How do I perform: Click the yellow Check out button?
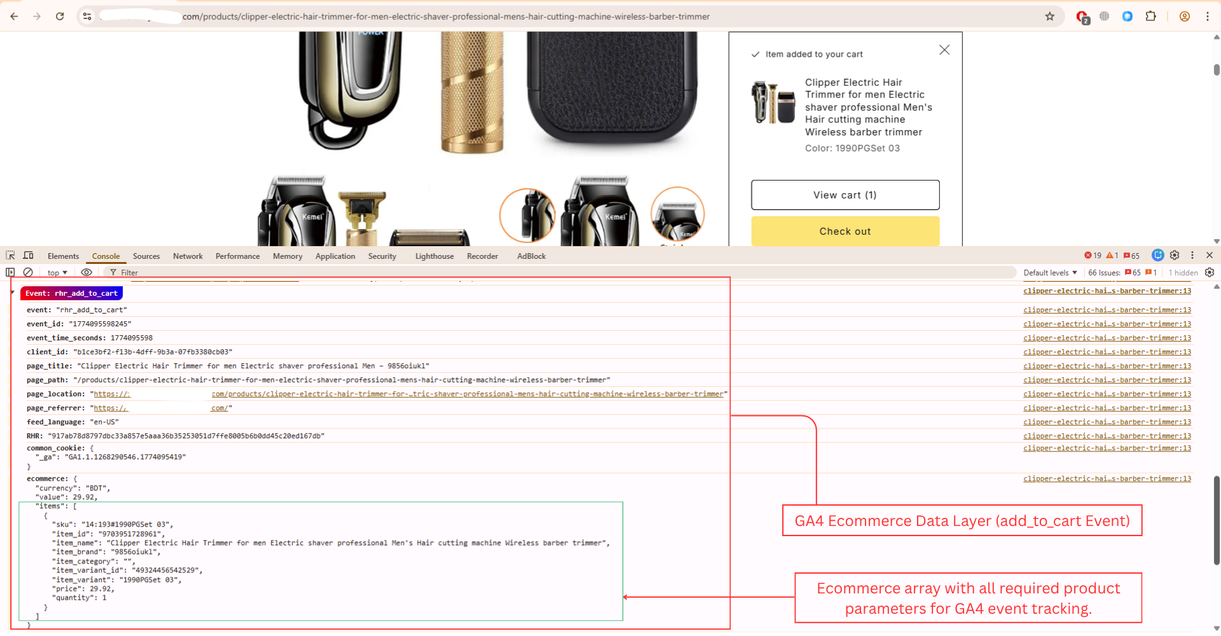click(x=845, y=232)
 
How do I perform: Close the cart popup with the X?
click(x=944, y=50)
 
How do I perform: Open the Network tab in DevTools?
click(x=188, y=256)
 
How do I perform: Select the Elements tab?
click(x=64, y=256)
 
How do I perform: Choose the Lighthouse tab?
click(x=434, y=256)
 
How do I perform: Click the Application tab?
click(x=335, y=256)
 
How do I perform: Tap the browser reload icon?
click(x=60, y=17)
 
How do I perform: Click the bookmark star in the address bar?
click(x=1050, y=17)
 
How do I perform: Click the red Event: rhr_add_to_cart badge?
click(x=71, y=293)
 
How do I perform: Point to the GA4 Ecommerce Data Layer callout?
click(x=962, y=521)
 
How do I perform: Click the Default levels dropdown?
click(x=1050, y=273)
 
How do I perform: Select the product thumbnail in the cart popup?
click(x=773, y=102)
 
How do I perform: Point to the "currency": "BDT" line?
click(x=72, y=488)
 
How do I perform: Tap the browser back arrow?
click(x=14, y=17)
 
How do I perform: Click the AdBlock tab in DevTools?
click(x=531, y=256)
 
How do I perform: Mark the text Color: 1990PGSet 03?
click(x=852, y=148)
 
